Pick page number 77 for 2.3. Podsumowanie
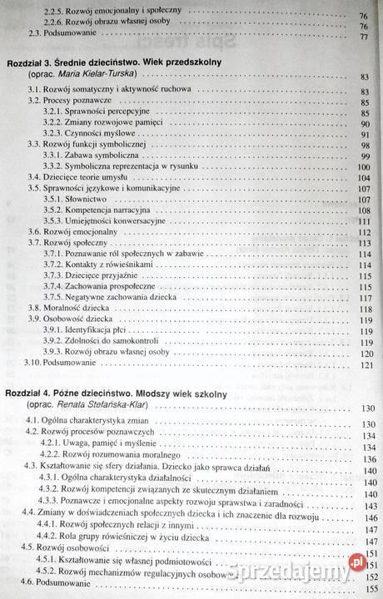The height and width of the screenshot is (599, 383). pos(364,37)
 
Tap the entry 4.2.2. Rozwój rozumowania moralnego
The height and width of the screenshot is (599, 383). pos(116,454)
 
